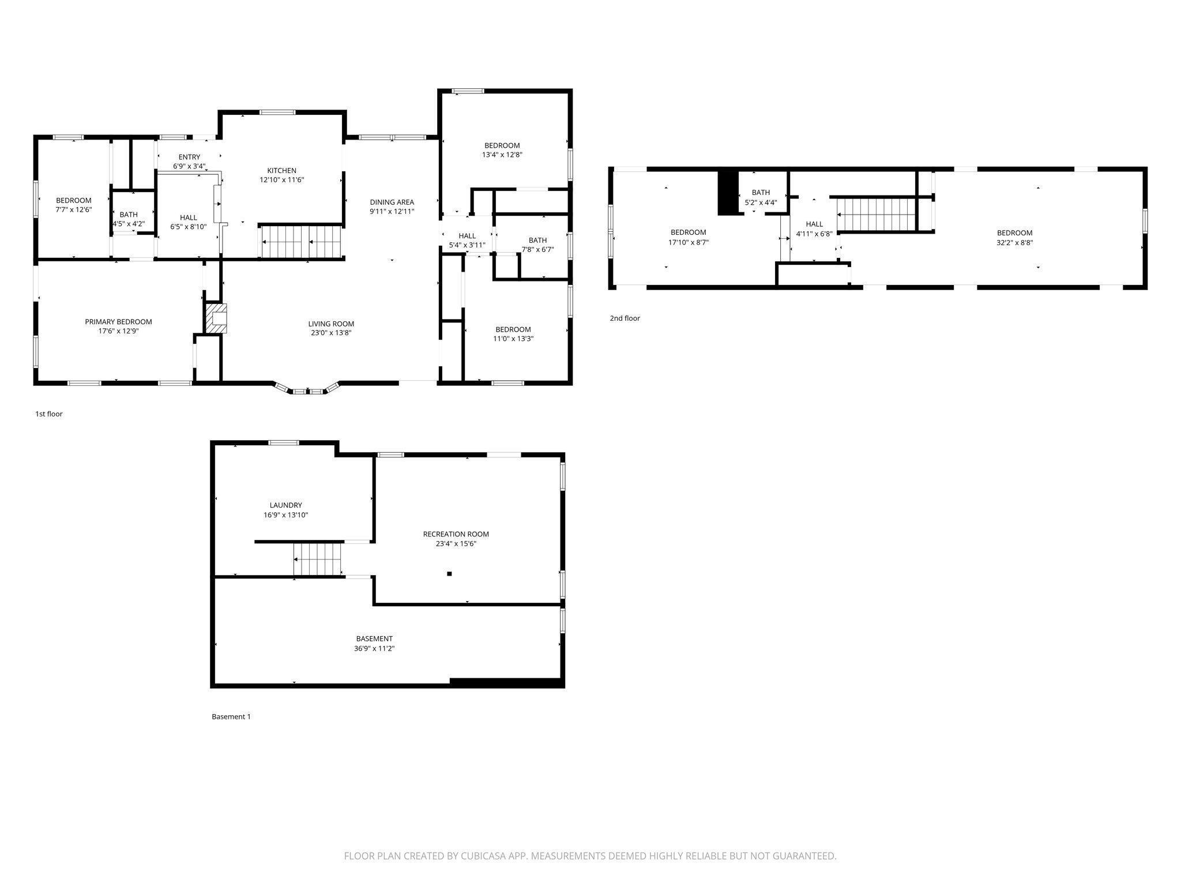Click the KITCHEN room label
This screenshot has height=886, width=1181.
click(x=281, y=171)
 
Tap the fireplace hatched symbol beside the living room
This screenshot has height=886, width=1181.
click(x=216, y=318)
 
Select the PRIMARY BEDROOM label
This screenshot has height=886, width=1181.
click(x=118, y=322)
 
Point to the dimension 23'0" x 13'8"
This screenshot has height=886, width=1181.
click(x=331, y=333)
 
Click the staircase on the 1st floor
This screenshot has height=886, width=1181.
click(x=301, y=242)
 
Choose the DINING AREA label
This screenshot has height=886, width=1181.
click(x=392, y=202)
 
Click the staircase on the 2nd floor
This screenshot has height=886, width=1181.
click(x=877, y=214)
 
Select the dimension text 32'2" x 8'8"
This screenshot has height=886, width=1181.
click(x=1014, y=243)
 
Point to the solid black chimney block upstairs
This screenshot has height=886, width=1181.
click(x=728, y=193)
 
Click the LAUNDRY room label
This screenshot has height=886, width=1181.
click(x=285, y=505)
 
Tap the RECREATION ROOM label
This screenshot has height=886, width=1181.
click(x=456, y=534)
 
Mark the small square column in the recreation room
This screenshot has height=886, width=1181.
click(x=449, y=573)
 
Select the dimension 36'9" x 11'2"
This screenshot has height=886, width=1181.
click(x=374, y=648)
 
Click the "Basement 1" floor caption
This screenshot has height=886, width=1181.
click(x=231, y=717)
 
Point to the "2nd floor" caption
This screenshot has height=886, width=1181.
click(x=625, y=318)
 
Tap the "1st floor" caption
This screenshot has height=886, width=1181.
click(x=49, y=414)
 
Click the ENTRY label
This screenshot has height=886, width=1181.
click(x=189, y=157)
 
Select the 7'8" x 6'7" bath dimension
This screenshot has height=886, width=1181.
click(x=537, y=250)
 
